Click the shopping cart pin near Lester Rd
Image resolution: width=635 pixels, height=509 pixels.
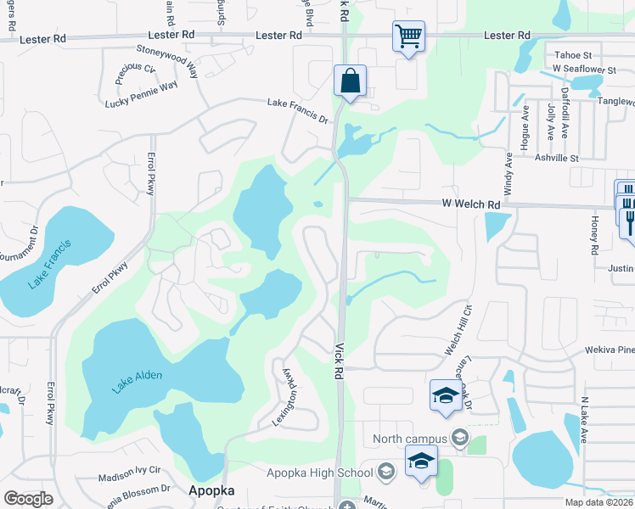tap(408, 37)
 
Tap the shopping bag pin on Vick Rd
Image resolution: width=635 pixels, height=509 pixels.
tap(350, 82)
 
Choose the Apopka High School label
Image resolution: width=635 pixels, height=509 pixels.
tap(319, 473)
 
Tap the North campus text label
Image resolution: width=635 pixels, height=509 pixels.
tap(409, 439)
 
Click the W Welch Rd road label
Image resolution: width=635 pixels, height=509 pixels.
tap(471, 204)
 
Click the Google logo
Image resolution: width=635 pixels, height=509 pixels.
tap(28, 499)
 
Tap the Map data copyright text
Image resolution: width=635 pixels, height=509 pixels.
tap(599, 503)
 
